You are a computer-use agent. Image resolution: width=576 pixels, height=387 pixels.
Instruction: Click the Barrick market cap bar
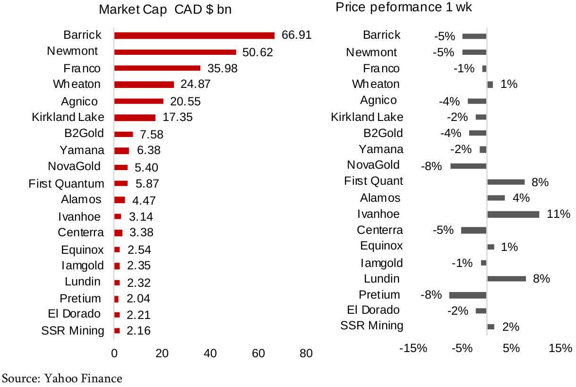(x=194, y=35)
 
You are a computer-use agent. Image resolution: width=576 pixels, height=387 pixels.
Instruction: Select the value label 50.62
(x=258, y=52)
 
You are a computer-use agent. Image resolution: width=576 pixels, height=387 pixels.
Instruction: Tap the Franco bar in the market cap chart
(x=157, y=68)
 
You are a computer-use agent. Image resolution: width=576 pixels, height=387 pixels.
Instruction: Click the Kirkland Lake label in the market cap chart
(x=68, y=117)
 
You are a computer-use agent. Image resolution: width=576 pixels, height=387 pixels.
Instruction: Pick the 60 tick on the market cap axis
(x=258, y=353)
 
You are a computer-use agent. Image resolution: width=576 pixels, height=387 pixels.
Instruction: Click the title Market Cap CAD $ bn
(x=165, y=9)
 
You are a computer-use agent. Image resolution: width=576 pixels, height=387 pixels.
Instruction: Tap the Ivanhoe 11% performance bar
(x=513, y=215)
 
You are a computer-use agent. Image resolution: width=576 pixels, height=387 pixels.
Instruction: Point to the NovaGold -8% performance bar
(x=468, y=166)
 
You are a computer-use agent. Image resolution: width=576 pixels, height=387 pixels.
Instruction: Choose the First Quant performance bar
(x=506, y=182)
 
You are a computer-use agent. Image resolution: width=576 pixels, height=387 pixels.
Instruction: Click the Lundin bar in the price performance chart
(x=506, y=279)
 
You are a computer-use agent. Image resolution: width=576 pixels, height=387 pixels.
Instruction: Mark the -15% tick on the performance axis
(x=413, y=349)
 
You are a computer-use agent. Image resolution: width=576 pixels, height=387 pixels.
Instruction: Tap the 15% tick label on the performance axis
(x=560, y=349)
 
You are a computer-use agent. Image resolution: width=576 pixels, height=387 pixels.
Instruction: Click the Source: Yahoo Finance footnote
(x=62, y=378)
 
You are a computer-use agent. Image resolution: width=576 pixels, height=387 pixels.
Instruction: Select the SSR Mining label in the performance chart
(x=372, y=325)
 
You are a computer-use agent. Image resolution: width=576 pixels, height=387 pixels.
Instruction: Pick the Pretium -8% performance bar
(x=468, y=295)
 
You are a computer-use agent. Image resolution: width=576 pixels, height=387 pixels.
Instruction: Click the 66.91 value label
(x=296, y=35)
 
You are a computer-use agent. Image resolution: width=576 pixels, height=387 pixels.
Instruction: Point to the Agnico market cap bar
(x=138, y=101)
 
